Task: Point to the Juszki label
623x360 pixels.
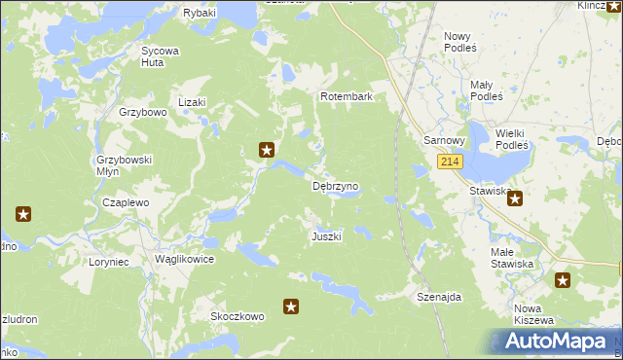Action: [326, 237]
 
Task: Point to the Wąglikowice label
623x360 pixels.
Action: [184, 260]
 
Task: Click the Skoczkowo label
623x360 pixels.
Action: [238, 316]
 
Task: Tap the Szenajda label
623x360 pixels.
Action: [438, 296]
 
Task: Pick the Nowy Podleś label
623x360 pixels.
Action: [459, 42]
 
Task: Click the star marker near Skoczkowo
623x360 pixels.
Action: [290, 307]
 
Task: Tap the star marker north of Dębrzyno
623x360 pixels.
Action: [266, 150]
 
